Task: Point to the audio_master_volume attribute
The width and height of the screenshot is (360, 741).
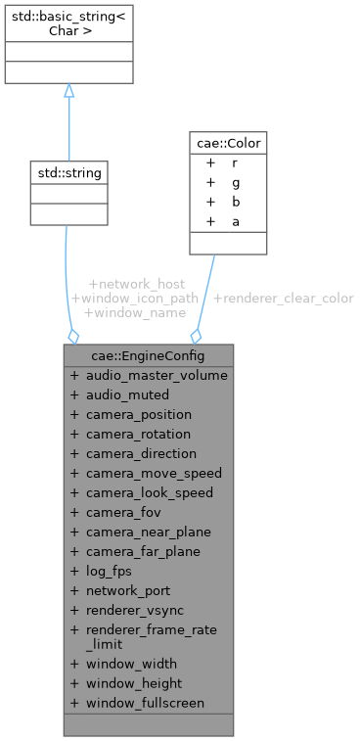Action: [157, 375]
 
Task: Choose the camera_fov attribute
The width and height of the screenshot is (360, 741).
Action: [122, 512]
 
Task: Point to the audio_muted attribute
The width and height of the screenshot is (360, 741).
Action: [128, 394]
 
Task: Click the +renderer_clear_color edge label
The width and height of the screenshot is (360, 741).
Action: [283, 298]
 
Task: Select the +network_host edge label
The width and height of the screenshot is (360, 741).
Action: [136, 283]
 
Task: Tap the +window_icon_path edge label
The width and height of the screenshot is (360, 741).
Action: [135, 298]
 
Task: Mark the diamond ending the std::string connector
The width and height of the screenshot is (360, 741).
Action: [73, 336]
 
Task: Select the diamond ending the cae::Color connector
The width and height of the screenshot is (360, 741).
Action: [197, 336]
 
